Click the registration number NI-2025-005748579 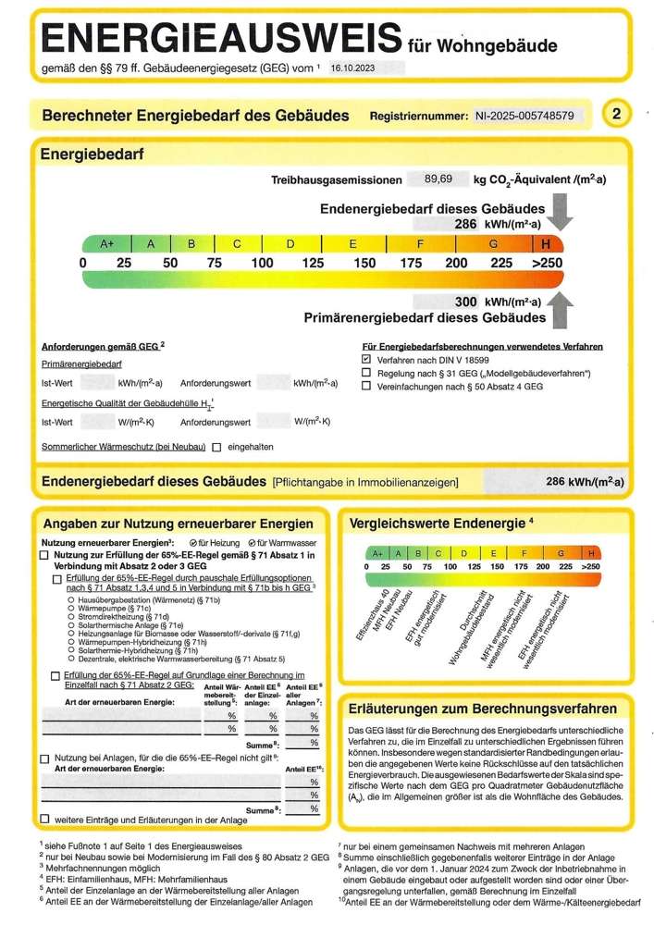[x=524, y=116]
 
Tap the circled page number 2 [x=617, y=115]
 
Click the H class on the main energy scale [x=547, y=243]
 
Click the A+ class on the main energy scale [x=107, y=244]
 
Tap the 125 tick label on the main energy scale [x=314, y=264]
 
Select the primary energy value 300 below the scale [x=465, y=302]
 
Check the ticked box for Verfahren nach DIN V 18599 [x=366, y=358]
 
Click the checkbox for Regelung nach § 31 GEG [x=366, y=373]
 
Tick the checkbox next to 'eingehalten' [x=216, y=447]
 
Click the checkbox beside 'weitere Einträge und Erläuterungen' [x=44, y=820]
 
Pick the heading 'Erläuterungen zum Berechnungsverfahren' [x=484, y=709]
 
